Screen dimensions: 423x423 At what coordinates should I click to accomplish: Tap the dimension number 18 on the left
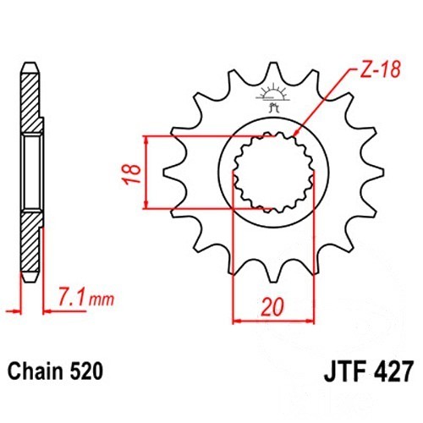[132, 173]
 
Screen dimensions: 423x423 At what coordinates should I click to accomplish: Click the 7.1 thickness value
[71, 296]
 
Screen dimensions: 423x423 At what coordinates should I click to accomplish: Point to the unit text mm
[102, 299]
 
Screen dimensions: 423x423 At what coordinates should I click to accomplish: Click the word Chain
[35, 371]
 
